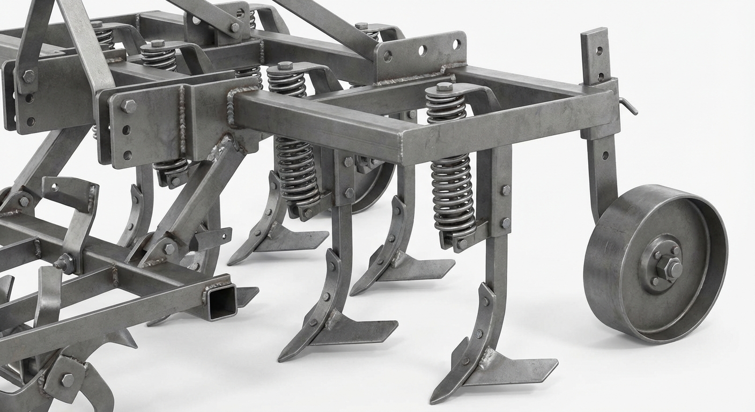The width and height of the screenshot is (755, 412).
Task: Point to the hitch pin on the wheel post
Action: pyautogui.click(x=629, y=106)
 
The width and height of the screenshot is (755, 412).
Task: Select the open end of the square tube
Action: pyautogui.click(x=222, y=302)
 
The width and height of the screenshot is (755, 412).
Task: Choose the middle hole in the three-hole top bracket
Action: pyautogui.click(x=422, y=50)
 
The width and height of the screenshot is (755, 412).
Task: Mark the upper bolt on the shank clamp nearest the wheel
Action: pyautogui.click(x=506, y=190)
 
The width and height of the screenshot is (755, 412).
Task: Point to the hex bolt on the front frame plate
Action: pyautogui.click(x=128, y=105)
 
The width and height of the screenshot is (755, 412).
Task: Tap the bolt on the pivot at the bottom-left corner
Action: pyautogui.click(x=67, y=380)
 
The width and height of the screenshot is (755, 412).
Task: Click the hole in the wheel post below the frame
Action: pyautogui.click(x=605, y=155)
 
